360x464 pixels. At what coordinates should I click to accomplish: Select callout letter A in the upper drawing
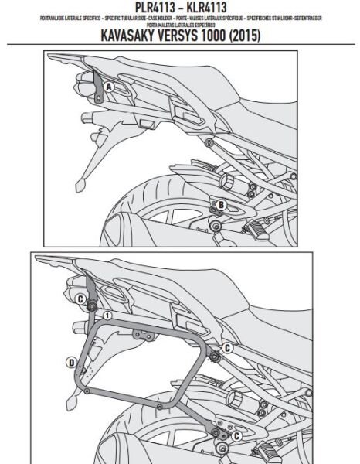pyautogui.click(x=108, y=87)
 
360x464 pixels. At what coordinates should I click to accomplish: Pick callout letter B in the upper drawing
pyautogui.click(x=221, y=204)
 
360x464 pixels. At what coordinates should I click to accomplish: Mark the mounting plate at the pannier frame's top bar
pyautogui.click(x=142, y=333)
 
